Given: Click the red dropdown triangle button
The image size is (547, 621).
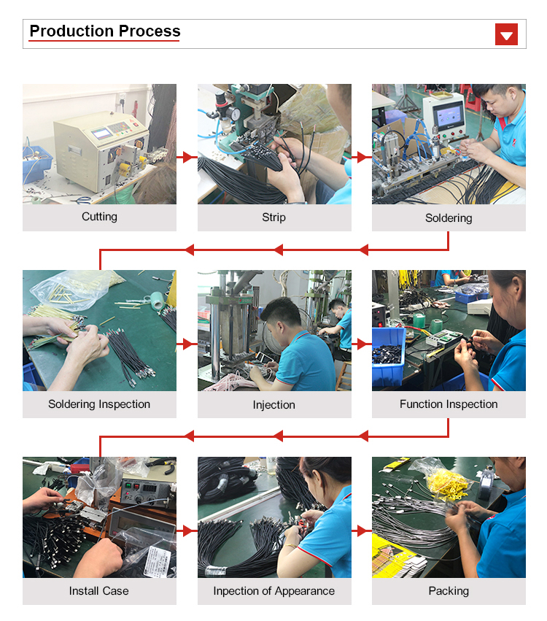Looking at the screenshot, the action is pos(506,34).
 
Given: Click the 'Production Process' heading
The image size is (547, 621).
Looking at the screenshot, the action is pos(105,31).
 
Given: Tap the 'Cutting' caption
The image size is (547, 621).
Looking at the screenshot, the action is pos(99,217).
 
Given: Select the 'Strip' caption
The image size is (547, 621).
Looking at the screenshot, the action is pos(274,217).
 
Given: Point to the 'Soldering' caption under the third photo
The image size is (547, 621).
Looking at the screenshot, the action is pos(449,218).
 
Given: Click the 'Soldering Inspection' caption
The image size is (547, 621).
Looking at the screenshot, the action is pos(99,404).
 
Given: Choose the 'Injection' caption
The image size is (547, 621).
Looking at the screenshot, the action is pos(274,405).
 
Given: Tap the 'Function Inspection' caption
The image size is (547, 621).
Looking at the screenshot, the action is pos(449,404).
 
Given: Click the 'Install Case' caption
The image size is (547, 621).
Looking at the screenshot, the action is pos(99,591).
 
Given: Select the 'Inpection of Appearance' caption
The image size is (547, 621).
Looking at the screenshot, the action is pos(274,591).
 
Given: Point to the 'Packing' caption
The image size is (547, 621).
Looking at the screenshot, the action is pos(449,591).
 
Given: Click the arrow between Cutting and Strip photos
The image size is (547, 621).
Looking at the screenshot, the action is pos(187,157).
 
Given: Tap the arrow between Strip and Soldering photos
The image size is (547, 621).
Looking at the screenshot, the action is pos(362,157).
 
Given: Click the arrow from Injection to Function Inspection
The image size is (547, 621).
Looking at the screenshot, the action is pos(362,344).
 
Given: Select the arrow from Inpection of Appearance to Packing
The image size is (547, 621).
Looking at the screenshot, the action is pos(362,531).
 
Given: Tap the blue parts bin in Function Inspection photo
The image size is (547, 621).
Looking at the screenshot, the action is pos(389,355).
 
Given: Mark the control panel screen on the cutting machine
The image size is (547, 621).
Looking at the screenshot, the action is pos(101,133).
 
